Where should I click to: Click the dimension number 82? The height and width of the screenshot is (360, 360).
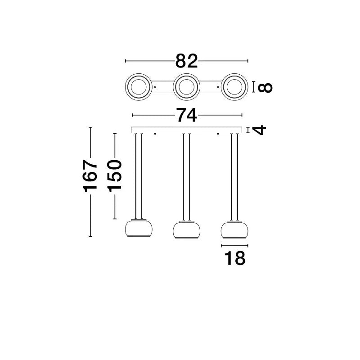pyautogui.click(x=186, y=61)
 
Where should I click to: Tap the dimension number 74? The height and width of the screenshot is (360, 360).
pyautogui.click(x=186, y=115)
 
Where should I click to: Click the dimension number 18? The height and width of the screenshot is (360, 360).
pyautogui.click(x=234, y=258)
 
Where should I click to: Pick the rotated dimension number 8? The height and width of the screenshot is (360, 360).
pyautogui.click(x=265, y=87)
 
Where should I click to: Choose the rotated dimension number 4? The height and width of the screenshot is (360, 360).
pyautogui.click(x=259, y=130)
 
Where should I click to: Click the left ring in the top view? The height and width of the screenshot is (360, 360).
pyautogui.click(x=139, y=87)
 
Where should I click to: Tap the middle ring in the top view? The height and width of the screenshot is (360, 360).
pyautogui.click(x=186, y=87)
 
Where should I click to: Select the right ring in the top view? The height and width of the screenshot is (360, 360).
pyautogui.click(x=234, y=87)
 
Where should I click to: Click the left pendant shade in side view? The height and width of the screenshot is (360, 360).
pyautogui.click(x=139, y=229)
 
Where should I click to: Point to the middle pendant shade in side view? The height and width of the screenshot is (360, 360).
pyautogui.click(x=186, y=229)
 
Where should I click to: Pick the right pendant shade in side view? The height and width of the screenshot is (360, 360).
pyautogui.click(x=234, y=229)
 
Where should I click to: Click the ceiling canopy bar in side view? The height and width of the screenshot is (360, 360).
pyautogui.click(x=186, y=130)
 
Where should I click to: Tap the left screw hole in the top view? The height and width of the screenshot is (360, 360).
pyautogui.click(x=155, y=87)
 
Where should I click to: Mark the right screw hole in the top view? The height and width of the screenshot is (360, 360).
pyautogui.click(x=218, y=87)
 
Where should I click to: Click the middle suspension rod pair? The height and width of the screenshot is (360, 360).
pyautogui.click(x=186, y=177)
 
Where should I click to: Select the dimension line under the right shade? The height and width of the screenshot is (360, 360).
pyautogui.click(x=234, y=246)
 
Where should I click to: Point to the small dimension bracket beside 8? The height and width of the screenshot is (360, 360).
pyautogui.click(x=253, y=87)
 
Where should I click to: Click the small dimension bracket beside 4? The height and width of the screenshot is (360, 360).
pyautogui.click(x=248, y=130)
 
